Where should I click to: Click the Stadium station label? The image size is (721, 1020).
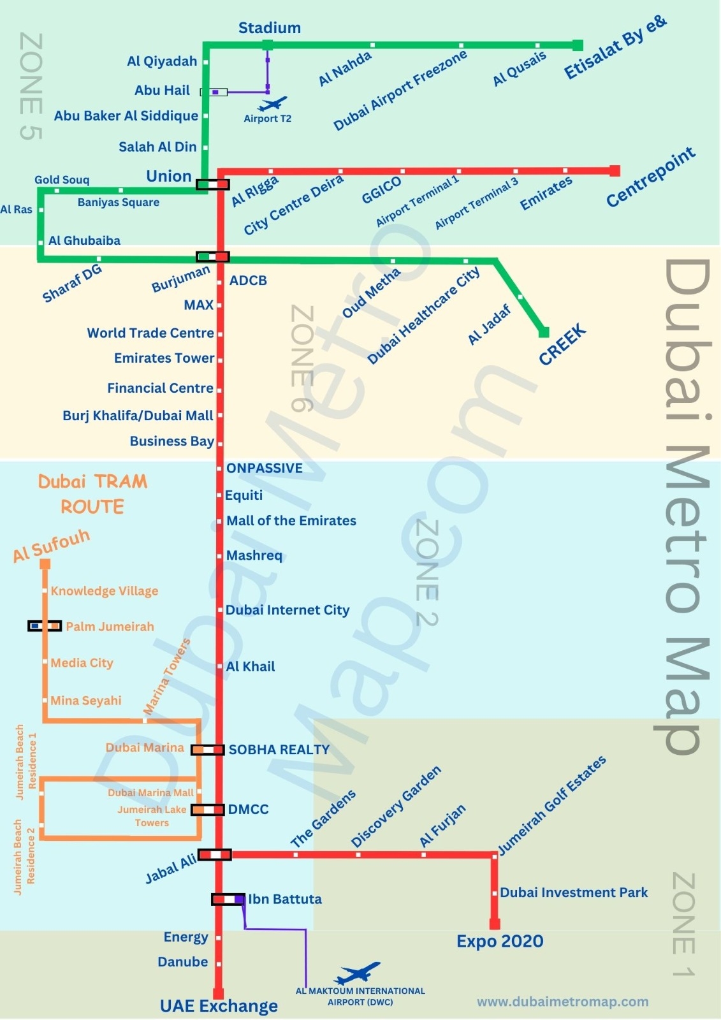point(269,28)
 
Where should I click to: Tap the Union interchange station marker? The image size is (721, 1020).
point(212,185)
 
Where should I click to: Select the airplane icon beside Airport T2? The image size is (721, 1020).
point(273,103)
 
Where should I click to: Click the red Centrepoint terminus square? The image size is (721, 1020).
point(615,171)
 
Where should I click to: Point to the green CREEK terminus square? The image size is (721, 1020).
point(544,332)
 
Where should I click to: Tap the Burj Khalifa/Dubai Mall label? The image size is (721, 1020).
point(138,416)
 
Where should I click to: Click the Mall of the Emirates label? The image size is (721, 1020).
point(291,521)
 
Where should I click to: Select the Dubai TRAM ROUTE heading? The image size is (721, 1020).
point(92,494)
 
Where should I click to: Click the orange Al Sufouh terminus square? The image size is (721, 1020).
point(45,564)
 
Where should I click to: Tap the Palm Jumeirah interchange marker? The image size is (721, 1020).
point(45,626)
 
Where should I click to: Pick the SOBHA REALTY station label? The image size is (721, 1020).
point(279,750)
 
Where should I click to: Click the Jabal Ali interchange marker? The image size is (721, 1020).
point(214,854)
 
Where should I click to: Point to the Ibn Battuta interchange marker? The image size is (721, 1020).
point(228,899)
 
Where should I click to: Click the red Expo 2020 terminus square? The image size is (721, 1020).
point(495,924)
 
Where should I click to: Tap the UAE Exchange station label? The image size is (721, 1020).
point(219,1006)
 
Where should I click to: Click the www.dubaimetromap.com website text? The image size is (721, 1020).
point(562,1002)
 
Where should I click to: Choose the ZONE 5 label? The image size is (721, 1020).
point(31,86)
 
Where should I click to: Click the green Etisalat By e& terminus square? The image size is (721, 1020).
point(578,45)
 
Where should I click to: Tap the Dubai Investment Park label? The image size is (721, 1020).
point(574,892)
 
